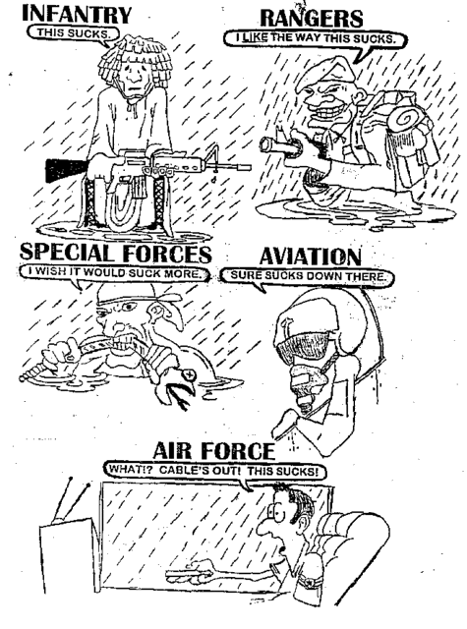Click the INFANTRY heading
(77, 15)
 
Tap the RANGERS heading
(312, 18)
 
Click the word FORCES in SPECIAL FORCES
(167, 253)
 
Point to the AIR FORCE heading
(214, 451)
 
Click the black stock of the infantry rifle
(66, 169)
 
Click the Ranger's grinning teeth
(321, 112)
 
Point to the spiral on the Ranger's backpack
(402, 120)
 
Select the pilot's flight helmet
(321, 321)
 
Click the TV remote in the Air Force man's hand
(190, 574)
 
